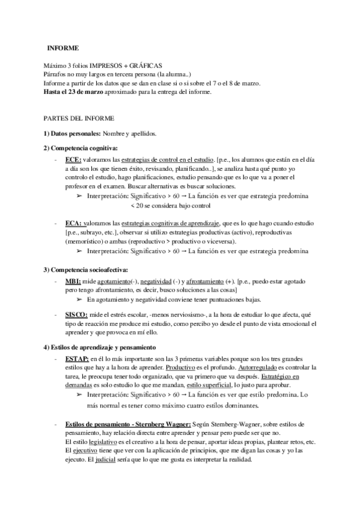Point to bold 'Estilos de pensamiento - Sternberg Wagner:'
128,425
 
